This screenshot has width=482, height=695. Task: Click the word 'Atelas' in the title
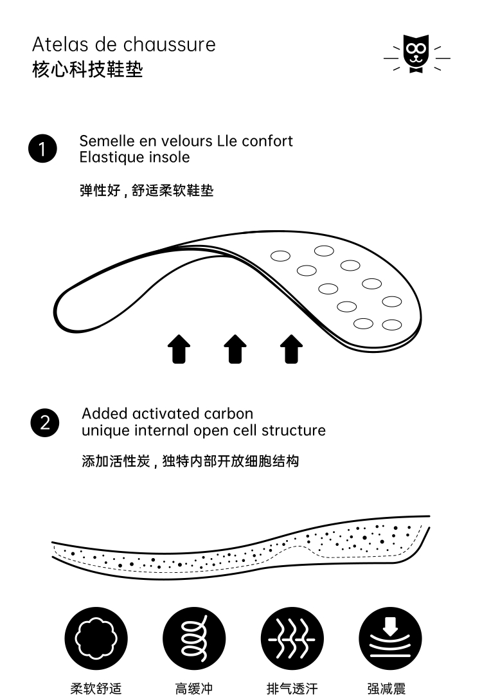(55, 45)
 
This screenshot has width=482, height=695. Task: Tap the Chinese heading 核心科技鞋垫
(87, 69)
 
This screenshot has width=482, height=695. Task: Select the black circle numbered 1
(42, 149)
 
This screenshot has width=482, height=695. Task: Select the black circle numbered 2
(45, 422)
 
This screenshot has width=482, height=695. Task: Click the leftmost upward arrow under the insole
(179, 348)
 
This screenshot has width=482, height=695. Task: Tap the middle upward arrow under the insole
(235, 348)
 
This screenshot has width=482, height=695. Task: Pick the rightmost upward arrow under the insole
(292, 348)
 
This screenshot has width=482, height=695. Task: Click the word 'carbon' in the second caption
(228, 413)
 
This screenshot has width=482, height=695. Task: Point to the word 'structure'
(293, 430)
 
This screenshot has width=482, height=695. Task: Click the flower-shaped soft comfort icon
(96, 638)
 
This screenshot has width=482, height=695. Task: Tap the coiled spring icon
(193, 638)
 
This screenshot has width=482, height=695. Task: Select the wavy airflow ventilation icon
(292, 638)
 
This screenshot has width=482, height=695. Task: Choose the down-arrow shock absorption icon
(389, 638)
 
